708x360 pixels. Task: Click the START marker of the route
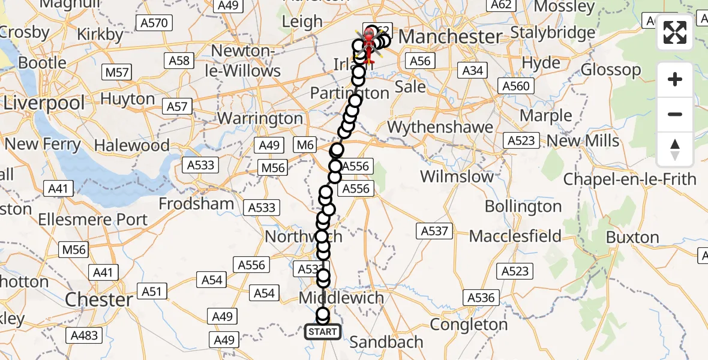323,332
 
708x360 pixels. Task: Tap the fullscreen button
675,33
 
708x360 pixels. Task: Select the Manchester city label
450,37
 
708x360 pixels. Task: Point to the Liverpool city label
44,103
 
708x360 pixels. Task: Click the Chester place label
99,299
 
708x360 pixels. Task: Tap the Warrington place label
260,118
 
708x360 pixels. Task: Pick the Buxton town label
632,237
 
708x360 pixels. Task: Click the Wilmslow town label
457,176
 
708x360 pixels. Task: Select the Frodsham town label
196,203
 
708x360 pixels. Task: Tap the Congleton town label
469,325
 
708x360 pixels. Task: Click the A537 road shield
434,230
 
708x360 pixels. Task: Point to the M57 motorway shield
117,73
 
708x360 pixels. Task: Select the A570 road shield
154,23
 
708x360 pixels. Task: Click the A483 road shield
84,335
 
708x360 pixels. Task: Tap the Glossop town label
611,70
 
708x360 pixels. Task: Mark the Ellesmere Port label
92,220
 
